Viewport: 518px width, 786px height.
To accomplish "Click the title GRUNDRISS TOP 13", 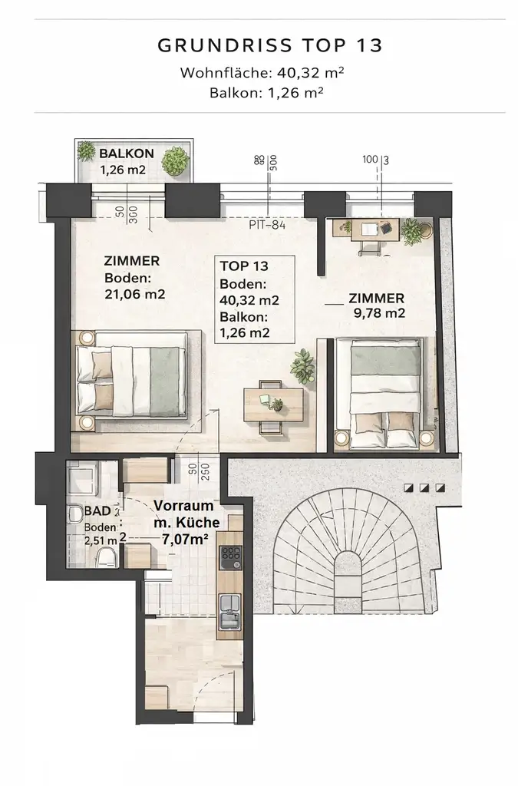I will coord(269,45).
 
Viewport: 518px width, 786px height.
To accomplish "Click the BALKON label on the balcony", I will coord(127,154).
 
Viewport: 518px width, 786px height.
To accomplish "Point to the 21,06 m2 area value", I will coord(134,293).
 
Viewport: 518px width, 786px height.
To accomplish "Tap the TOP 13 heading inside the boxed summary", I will coord(243,266).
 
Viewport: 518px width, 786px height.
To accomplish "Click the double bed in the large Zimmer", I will coord(130,380).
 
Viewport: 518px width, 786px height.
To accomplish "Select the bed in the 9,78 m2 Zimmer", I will coord(385,393).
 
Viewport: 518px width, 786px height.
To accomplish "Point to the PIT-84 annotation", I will coord(268,226).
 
